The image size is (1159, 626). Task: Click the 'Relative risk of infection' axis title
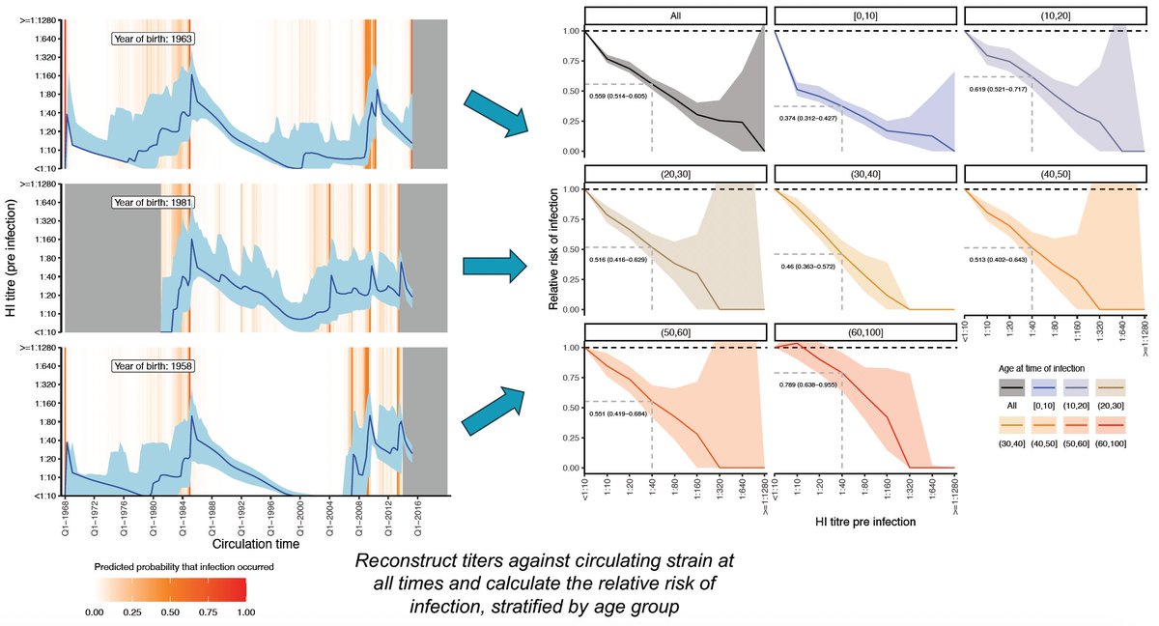pyautogui.click(x=554, y=249)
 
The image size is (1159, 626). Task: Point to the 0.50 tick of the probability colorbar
pyautogui.click(x=169, y=612)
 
